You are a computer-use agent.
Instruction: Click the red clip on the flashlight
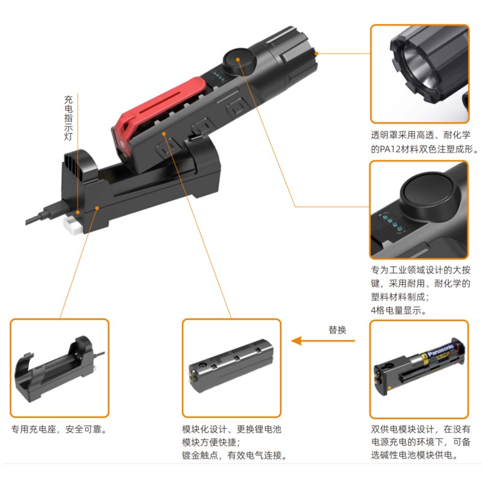154,104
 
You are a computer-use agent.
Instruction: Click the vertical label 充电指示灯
68,118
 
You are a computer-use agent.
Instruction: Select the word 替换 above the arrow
337,330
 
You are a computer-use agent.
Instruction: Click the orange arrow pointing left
323,340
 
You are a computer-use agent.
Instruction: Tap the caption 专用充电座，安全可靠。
59,429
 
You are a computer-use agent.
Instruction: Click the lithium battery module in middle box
231,366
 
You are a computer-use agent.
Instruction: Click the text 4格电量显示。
399,310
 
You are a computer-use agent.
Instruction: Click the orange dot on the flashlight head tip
317,54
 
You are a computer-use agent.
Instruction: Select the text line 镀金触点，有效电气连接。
234,455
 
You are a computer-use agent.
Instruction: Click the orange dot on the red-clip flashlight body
164,134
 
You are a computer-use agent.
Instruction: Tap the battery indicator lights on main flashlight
218,76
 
